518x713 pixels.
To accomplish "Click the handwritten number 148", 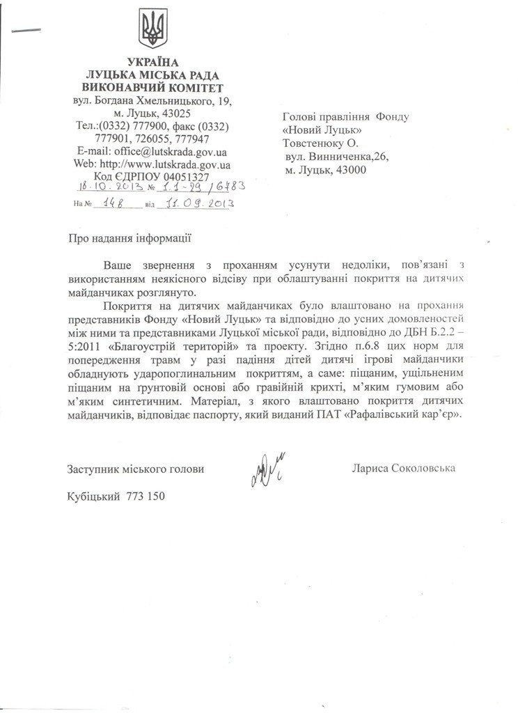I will [x=112, y=204].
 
